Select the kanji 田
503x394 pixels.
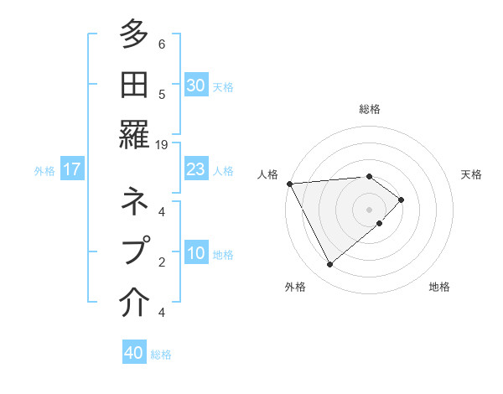134,85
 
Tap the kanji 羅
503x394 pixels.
134,132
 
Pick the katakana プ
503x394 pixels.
134,250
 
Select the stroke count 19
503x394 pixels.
162,145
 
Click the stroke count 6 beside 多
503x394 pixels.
162,44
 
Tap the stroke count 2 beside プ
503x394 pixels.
162,262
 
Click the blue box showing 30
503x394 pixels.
196,86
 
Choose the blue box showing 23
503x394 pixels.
196,170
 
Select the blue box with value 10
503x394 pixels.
196,254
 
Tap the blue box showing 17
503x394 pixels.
72,170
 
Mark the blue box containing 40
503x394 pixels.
134,353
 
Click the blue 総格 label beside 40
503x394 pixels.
161,355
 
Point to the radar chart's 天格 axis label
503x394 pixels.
471,174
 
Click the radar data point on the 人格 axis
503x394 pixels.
289,184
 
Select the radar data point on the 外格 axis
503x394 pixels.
329,265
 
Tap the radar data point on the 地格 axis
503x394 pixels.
380,223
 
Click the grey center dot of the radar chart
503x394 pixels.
369,209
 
